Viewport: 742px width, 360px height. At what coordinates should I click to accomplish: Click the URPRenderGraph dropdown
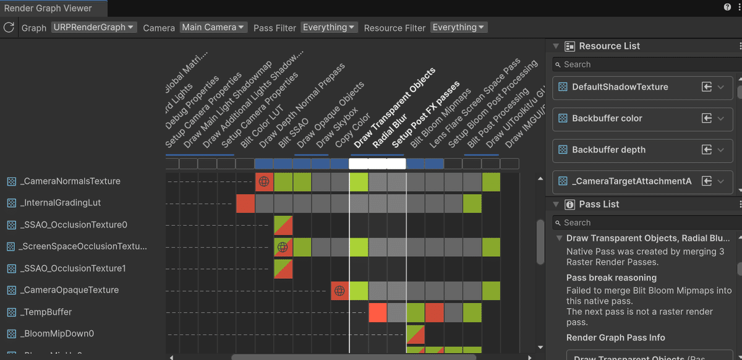coord(94,27)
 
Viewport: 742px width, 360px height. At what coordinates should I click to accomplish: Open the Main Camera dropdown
coord(213,27)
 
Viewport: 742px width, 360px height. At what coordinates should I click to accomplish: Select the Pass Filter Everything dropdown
coord(329,27)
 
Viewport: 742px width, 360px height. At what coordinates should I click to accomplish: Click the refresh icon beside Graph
coord(9,27)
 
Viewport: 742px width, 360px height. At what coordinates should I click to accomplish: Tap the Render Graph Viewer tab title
coord(48,8)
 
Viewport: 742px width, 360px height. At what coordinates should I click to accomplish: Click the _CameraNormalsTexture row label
coord(70,181)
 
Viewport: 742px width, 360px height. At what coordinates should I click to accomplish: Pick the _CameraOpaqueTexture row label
coord(69,290)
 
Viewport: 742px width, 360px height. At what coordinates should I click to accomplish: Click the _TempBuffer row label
coord(46,312)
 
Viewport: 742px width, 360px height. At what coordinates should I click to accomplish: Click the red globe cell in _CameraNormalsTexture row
coord(264,181)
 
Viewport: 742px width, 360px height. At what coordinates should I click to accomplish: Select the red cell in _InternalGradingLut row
coord(245,203)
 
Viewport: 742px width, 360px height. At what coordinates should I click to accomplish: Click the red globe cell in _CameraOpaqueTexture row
coord(339,290)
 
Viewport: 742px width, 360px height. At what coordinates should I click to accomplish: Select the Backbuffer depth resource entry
coord(608,150)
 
